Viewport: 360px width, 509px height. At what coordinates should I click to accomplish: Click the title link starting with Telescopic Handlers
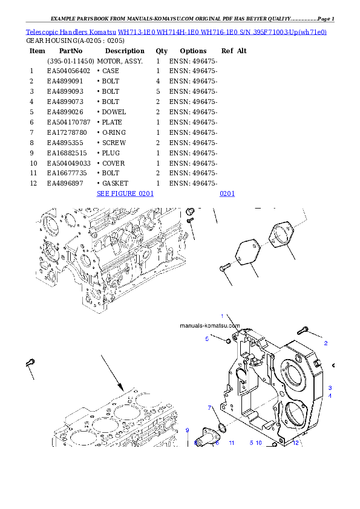tap(176, 31)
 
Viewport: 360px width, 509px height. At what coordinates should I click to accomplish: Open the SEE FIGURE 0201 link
tap(125, 193)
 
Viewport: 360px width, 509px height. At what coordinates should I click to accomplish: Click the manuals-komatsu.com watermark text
tap(210, 325)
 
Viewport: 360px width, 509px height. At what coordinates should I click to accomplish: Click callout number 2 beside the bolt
tap(326, 343)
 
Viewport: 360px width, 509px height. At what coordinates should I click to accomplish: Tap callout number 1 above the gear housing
tap(222, 316)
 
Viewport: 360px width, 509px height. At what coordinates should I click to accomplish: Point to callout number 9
tap(188, 430)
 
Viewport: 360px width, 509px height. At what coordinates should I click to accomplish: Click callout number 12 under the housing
tap(296, 443)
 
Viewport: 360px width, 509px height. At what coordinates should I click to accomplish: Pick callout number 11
tap(231, 443)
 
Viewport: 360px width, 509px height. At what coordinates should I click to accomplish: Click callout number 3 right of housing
tap(330, 387)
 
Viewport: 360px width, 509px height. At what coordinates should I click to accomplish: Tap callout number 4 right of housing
tap(330, 395)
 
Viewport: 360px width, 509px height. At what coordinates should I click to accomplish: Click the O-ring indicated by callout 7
tap(221, 428)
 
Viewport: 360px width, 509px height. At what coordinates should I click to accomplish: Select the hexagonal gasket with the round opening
tap(280, 236)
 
